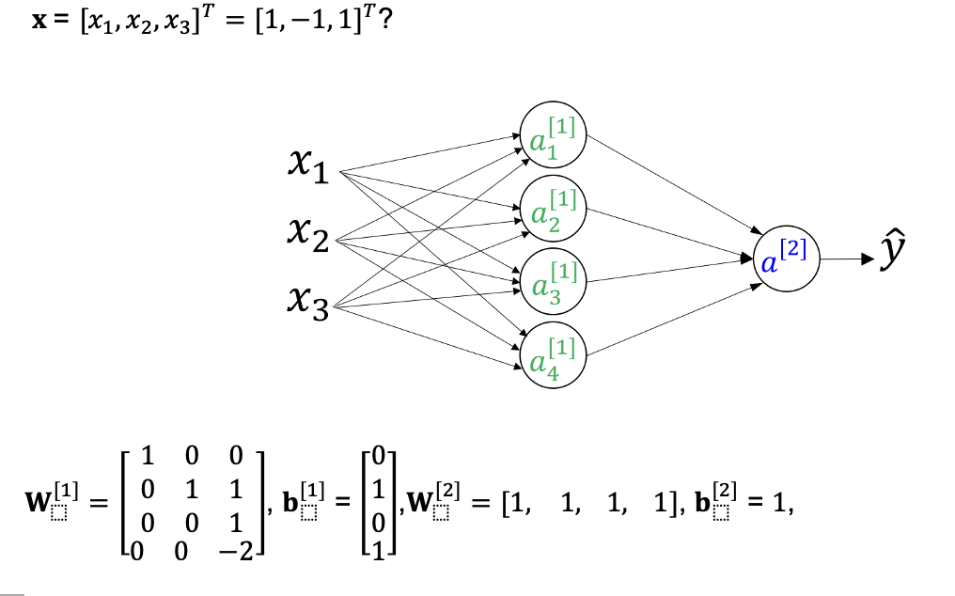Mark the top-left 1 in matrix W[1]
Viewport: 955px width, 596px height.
[146, 457]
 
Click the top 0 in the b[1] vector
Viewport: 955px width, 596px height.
[377, 457]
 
